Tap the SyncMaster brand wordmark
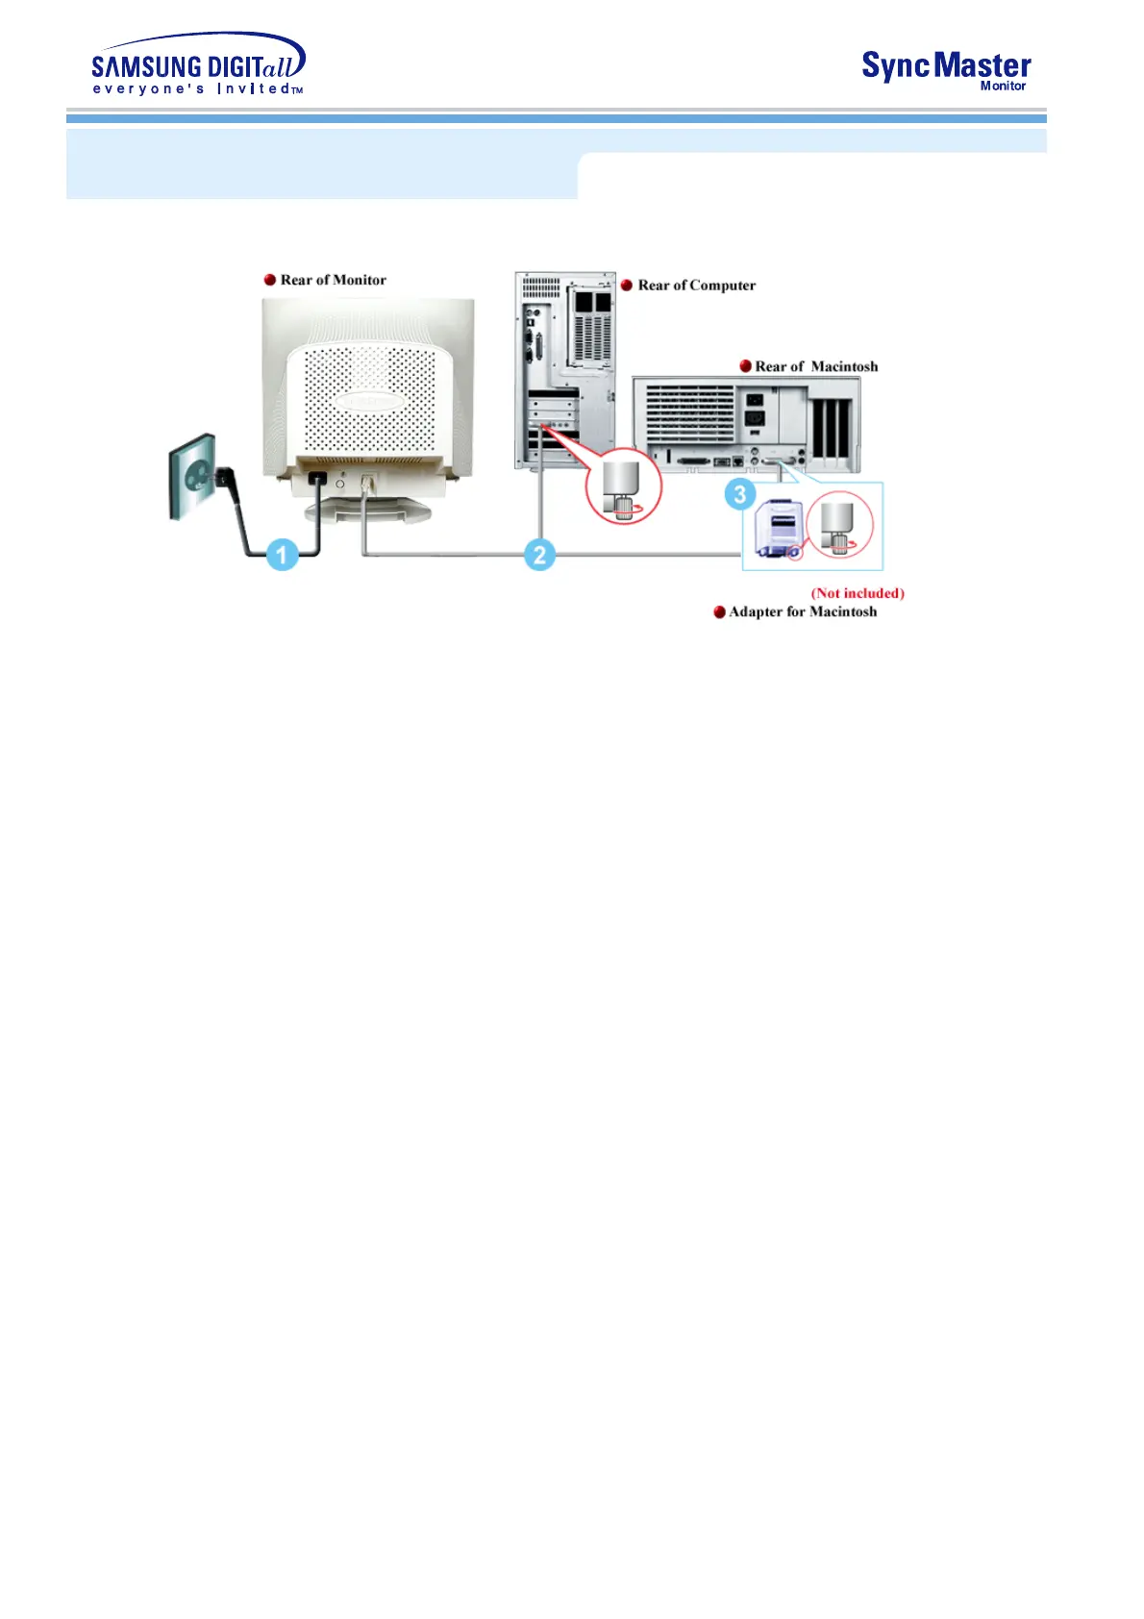[946, 65]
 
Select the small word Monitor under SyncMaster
[1003, 87]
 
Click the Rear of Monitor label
[333, 280]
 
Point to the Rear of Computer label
[696, 286]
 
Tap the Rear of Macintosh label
[815, 366]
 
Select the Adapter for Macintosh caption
[802, 611]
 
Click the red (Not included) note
[858, 593]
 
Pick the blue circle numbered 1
[282, 555]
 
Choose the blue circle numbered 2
[539, 555]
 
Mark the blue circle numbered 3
[739, 495]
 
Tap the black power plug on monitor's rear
[316, 478]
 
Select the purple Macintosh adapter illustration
[777, 532]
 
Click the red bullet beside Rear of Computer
[627, 286]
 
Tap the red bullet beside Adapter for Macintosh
[719, 612]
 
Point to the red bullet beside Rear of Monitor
[270, 280]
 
